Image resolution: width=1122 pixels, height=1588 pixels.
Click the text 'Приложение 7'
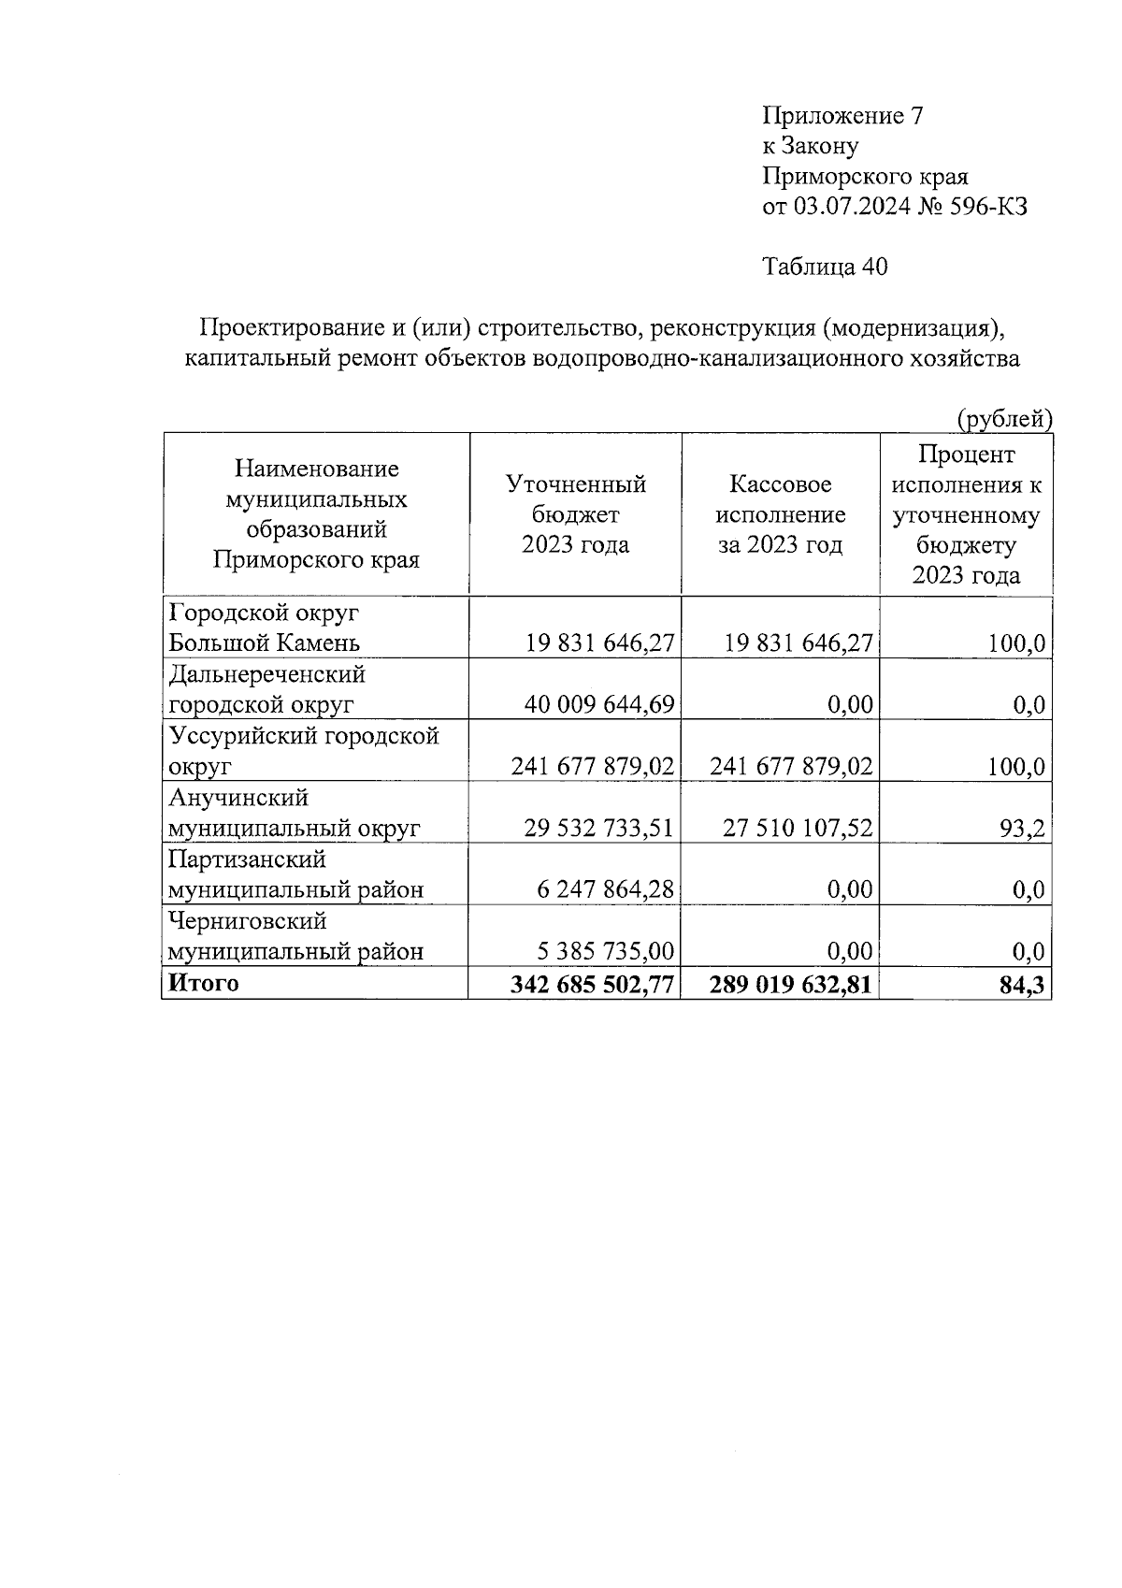click(x=843, y=116)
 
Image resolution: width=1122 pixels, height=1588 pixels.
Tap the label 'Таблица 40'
click(x=825, y=267)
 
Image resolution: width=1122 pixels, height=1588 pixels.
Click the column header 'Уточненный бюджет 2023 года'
click(x=575, y=514)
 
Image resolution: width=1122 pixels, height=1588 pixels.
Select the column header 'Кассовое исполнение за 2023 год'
click(x=780, y=514)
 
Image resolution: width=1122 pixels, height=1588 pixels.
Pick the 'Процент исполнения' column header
click(x=966, y=514)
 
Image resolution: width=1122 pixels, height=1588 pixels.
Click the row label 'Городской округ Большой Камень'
click(x=264, y=628)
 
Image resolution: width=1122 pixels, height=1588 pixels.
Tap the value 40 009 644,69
click(x=599, y=704)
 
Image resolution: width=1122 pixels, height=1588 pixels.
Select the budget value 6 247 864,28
click(x=605, y=889)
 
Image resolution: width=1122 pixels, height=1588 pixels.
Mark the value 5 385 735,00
click(x=605, y=951)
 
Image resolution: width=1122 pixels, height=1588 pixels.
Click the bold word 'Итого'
click(x=203, y=983)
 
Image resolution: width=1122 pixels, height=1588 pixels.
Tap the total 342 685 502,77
click(x=592, y=985)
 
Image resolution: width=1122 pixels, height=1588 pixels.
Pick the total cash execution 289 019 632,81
click(x=791, y=985)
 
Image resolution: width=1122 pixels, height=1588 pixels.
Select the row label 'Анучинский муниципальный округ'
click(x=293, y=813)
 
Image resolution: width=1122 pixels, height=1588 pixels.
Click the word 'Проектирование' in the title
click(x=281, y=328)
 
